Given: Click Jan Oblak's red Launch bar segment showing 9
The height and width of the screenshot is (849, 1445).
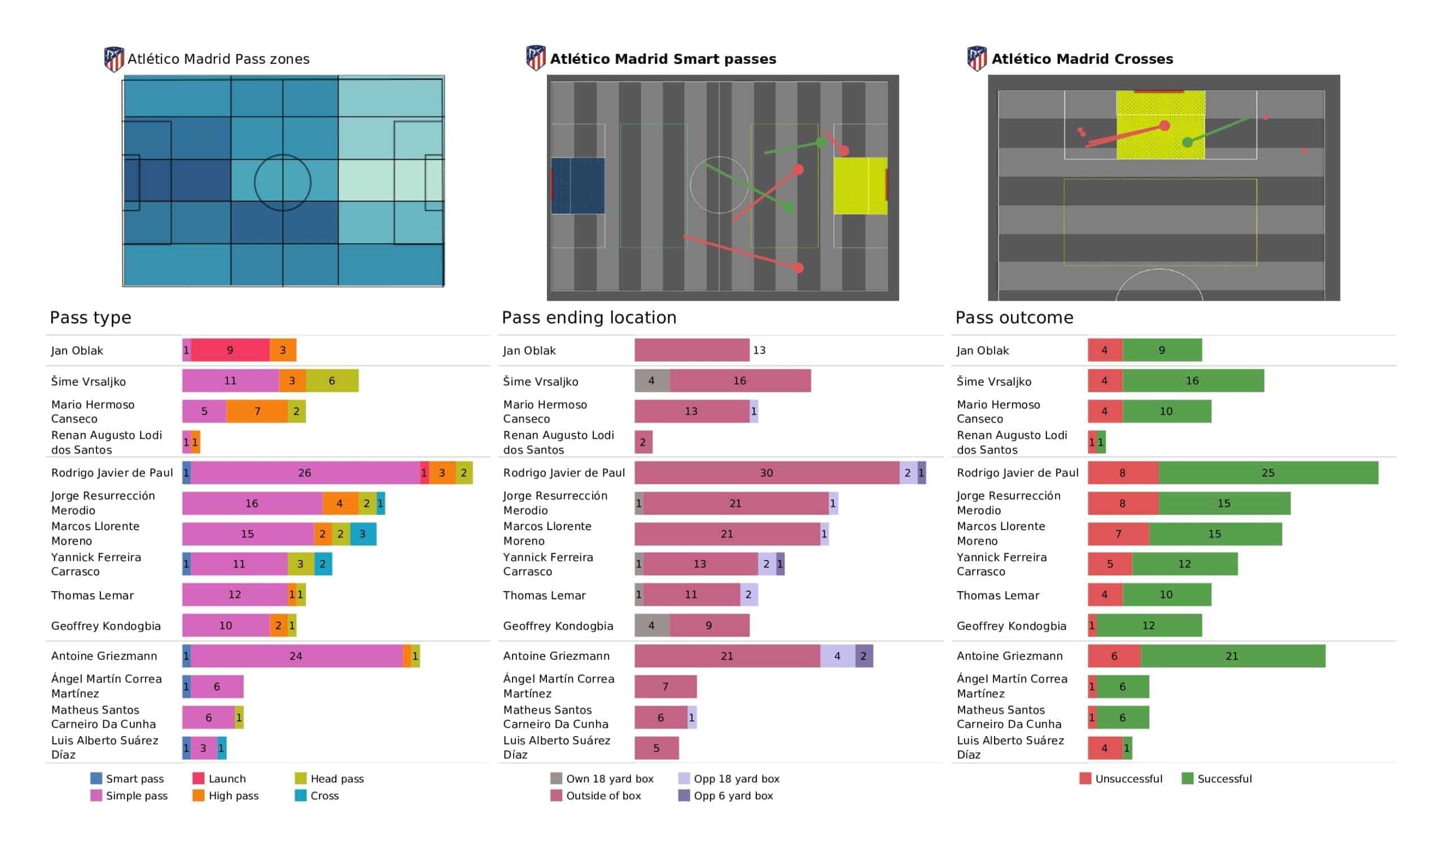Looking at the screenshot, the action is pos(230,350).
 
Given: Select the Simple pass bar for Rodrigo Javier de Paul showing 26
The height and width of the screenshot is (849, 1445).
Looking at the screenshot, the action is pos(305,472).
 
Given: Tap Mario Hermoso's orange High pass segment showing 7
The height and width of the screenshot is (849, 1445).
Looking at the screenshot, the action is pos(257,412).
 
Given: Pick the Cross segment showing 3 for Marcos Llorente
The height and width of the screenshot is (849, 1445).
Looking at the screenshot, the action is pos(363,534).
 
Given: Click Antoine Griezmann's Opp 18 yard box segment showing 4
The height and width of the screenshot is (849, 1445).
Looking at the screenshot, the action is pos(837,656).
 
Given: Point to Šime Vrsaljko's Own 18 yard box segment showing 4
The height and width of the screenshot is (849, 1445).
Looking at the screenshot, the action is pos(652,381).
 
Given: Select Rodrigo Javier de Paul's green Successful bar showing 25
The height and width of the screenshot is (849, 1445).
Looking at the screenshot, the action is pos(1268,472).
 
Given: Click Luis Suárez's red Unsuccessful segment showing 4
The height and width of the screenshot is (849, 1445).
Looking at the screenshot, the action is pos(1105,748).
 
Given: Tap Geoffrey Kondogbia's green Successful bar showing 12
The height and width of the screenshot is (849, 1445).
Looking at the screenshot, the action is pos(1149,625).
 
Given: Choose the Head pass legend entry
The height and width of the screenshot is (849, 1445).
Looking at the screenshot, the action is pos(330,778).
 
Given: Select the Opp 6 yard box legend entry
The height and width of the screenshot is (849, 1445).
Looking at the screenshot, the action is pos(726,795).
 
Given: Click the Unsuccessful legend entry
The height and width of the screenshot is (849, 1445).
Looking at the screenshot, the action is pos(1121,778).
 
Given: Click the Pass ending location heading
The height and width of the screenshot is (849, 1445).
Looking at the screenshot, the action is pos(589,317).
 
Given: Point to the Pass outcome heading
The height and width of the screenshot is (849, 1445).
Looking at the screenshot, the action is pos(1014,317).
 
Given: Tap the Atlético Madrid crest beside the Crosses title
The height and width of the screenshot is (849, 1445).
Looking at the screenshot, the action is pos(977,58).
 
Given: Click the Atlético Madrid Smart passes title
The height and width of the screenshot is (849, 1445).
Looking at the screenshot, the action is pos(663,59).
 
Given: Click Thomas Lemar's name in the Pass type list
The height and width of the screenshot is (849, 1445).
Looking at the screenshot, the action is pos(93,595).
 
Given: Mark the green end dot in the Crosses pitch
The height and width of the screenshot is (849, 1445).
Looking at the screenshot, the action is pos(1188,142).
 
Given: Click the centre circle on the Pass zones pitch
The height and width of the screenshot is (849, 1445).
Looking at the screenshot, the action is pos(282,155).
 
